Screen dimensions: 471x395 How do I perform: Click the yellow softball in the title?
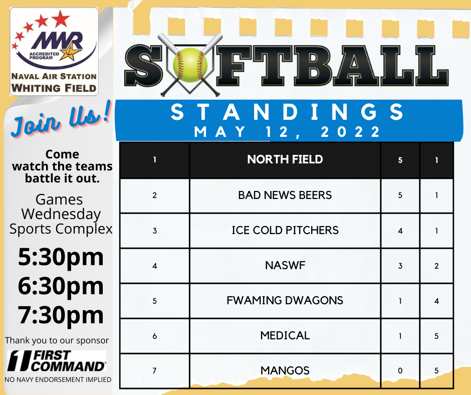pos(190,65)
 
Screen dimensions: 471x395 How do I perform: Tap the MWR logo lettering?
pos(57,41)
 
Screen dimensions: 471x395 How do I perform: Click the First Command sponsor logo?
pos(57,361)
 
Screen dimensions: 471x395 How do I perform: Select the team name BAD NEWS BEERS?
pos(285,195)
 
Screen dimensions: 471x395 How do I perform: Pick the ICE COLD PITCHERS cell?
pos(285,231)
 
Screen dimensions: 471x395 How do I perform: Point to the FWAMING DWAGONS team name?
pos(285,301)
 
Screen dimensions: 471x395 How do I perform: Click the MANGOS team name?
pos(285,370)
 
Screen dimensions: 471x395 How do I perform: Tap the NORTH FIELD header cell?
pos(285,160)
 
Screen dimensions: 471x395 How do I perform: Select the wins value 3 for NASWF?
pos(400,266)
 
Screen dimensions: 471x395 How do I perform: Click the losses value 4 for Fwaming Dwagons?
pos(436,301)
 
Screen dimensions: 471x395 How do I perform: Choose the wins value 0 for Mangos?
pos(400,370)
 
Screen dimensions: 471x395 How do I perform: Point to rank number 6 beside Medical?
pos(154,336)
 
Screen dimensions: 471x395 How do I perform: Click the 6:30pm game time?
pos(61,286)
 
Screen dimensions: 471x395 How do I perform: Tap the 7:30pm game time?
pos(61,315)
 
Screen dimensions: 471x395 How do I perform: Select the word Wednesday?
pos(61,214)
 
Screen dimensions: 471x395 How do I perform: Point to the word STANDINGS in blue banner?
pos(288,112)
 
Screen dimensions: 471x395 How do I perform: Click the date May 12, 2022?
pos(287,132)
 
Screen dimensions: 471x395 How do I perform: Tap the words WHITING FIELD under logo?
pos(54,88)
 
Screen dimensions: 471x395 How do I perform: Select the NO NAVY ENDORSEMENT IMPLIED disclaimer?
pos(58,379)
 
